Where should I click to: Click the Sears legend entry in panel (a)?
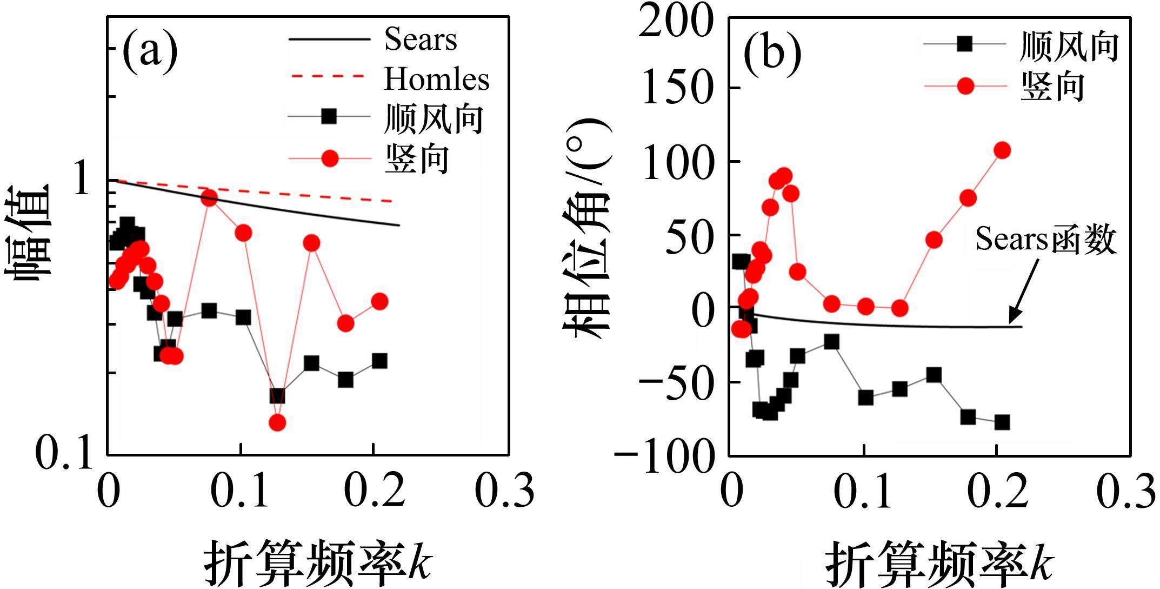point(420,39)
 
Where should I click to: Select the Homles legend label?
point(436,79)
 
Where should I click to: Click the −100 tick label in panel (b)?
point(663,456)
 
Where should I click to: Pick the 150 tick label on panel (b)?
point(675,88)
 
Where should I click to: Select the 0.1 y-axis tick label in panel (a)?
point(64,453)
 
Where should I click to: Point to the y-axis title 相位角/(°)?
point(586,230)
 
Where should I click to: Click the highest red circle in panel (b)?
point(1002,150)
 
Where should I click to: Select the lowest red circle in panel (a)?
point(277,422)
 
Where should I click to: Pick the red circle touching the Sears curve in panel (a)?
point(209,198)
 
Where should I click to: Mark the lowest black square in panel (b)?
point(1002,422)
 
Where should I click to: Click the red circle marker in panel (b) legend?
point(965,85)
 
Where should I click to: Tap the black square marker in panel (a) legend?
point(329,116)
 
